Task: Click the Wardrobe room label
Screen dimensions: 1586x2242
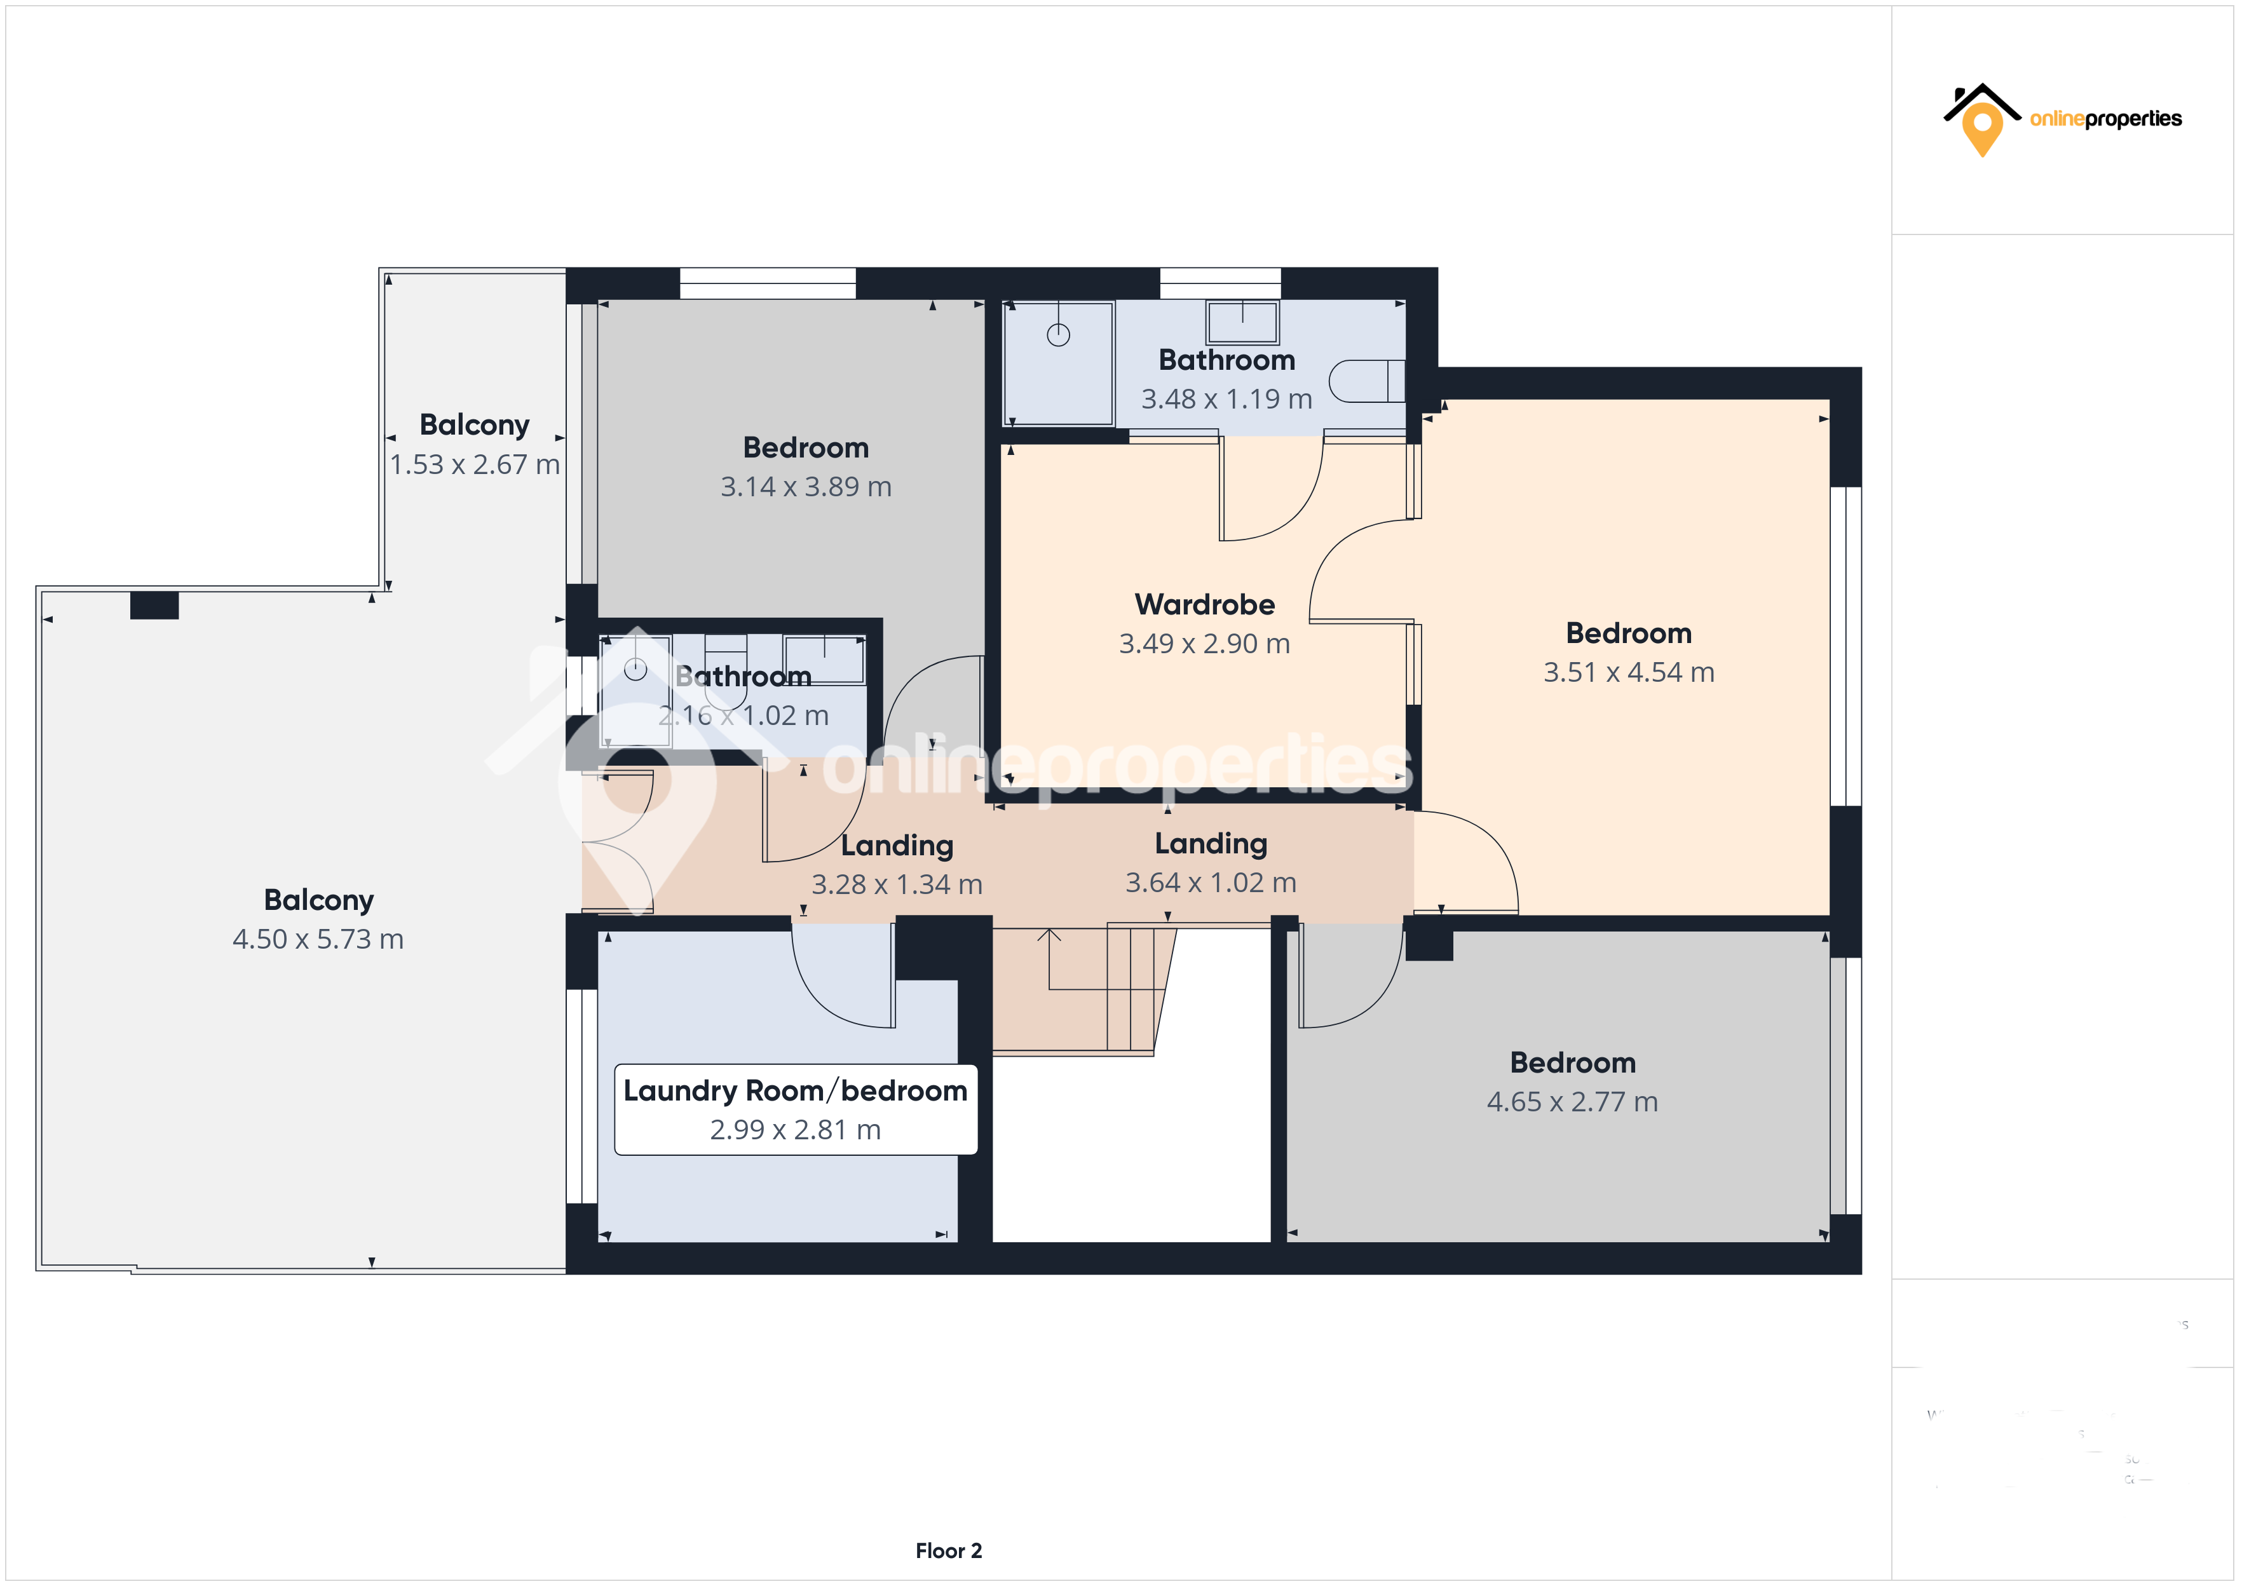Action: (x=1204, y=604)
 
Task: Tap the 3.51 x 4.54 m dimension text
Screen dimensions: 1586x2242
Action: (x=1627, y=672)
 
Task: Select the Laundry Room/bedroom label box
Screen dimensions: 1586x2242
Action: (x=795, y=1109)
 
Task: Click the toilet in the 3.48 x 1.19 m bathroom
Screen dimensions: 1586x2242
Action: (x=1365, y=381)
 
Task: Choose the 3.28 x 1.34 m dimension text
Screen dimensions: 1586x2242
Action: (x=897, y=884)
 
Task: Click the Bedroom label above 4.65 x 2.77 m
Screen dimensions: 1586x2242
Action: (x=1572, y=1062)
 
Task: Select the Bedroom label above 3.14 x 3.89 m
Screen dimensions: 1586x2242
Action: (x=806, y=447)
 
